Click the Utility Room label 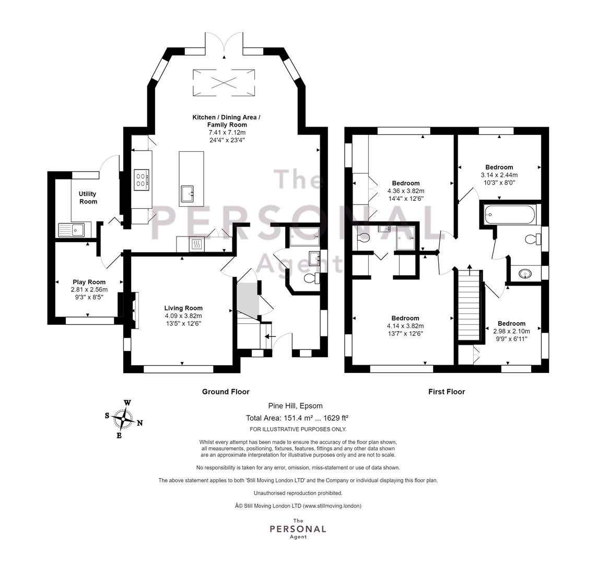88,198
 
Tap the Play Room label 89,282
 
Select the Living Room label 183,308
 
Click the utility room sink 73,230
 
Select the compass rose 123,419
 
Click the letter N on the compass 140,423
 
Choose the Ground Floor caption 226,392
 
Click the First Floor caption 447,392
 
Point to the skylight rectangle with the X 224,83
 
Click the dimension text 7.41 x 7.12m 227,132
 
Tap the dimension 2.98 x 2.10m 511,331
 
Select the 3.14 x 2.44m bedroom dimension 499,175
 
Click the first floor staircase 470,305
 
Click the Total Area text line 297,418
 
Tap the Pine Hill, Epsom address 295,406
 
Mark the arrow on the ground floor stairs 270,336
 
